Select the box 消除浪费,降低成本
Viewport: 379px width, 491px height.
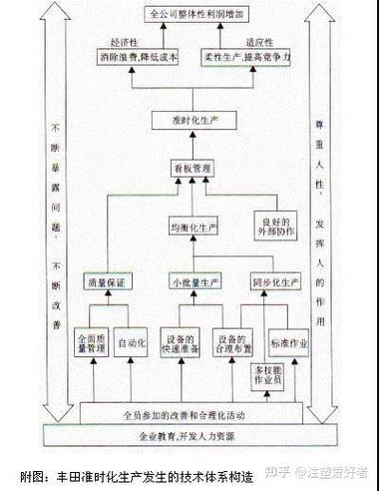pos(138,57)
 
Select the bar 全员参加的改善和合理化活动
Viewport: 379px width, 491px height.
pos(185,413)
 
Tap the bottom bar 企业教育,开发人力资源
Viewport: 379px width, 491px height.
pos(185,436)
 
